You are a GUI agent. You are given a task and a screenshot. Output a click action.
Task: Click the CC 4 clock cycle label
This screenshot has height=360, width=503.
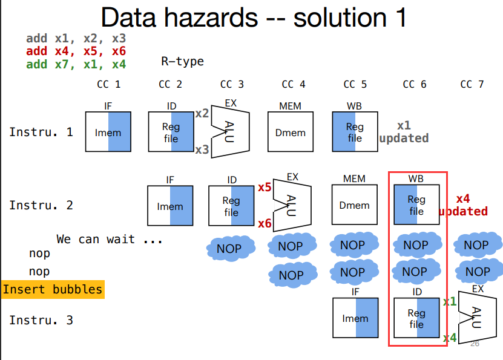(x=294, y=85)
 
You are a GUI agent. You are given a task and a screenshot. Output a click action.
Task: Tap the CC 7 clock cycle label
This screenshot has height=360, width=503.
(x=472, y=85)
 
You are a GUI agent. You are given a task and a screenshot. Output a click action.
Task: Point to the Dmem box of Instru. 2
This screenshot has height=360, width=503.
(x=354, y=206)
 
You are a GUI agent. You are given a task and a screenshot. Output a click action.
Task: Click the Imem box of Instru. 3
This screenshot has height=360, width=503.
(x=355, y=318)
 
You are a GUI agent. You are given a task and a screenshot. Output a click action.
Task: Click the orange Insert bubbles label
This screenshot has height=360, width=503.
(x=52, y=289)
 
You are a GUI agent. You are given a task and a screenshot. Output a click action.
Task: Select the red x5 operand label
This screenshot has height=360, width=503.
(x=264, y=188)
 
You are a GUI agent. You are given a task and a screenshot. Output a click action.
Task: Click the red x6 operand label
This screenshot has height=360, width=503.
(x=264, y=224)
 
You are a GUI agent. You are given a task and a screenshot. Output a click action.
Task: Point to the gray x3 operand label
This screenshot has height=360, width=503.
(x=202, y=149)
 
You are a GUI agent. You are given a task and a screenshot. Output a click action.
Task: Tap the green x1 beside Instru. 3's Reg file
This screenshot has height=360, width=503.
(x=450, y=301)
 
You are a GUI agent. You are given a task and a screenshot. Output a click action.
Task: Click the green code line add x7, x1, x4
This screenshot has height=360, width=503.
(x=76, y=64)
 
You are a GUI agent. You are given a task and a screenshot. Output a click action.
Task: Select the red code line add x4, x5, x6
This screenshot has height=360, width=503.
(x=76, y=51)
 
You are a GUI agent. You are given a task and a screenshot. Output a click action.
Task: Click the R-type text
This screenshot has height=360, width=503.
(x=182, y=61)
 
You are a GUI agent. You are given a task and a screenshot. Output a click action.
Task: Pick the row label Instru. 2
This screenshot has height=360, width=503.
(x=41, y=206)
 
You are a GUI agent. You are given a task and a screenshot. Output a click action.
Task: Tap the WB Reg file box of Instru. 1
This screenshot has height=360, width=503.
(x=355, y=133)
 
